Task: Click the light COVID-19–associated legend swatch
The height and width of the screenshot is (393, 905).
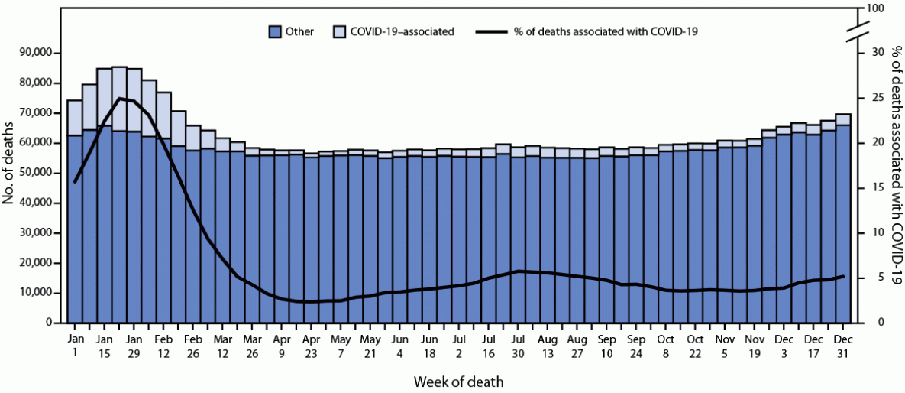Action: (341, 32)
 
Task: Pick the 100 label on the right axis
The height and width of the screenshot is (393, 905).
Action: (874, 9)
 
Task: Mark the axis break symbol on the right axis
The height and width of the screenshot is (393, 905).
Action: (857, 32)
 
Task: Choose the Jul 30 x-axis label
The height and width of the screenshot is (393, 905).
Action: (518, 344)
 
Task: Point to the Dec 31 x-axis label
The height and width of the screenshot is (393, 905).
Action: (843, 344)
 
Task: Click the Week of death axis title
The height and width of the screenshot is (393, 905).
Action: (458, 380)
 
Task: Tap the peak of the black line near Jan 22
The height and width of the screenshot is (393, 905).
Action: (119, 99)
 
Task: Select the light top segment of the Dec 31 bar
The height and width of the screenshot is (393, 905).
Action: (843, 119)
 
